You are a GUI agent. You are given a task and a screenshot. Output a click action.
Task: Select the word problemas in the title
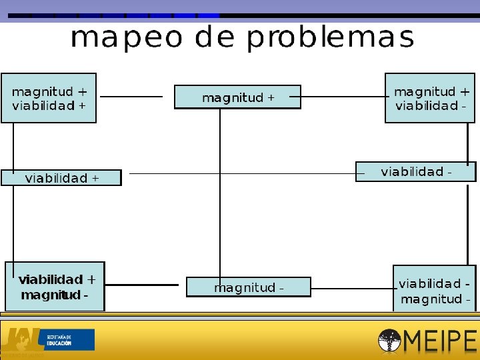pyautogui.click(x=330, y=39)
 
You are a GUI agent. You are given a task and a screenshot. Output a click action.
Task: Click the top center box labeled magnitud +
pyautogui.click(x=237, y=97)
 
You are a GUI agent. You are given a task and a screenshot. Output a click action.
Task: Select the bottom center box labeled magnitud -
pyautogui.click(x=248, y=287)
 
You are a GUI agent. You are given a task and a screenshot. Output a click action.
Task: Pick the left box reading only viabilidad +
pyautogui.click(x=61, y=178)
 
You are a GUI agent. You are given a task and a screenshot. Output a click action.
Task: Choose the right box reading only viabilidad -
pyautogui.click(x=415, y=172)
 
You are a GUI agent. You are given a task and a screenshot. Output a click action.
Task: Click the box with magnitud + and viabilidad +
pyautogui.click(x=49, y=98)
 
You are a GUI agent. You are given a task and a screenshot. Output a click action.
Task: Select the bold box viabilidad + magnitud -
pyautogui.click(x=55, y=287)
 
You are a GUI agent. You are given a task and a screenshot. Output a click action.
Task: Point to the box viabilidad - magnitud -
pyautogui.click(x=435, y=291)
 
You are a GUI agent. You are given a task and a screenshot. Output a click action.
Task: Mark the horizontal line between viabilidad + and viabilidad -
pyautogui.click(x=240, y=173)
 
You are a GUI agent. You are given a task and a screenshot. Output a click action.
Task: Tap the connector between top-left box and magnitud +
pyautogui.click(x=131, y=97)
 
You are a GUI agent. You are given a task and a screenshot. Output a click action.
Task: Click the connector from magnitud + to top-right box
pyautogui.click(x=343, y=97)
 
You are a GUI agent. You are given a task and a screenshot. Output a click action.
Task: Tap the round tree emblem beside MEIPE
pyautogui.click(x=389, y=341)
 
